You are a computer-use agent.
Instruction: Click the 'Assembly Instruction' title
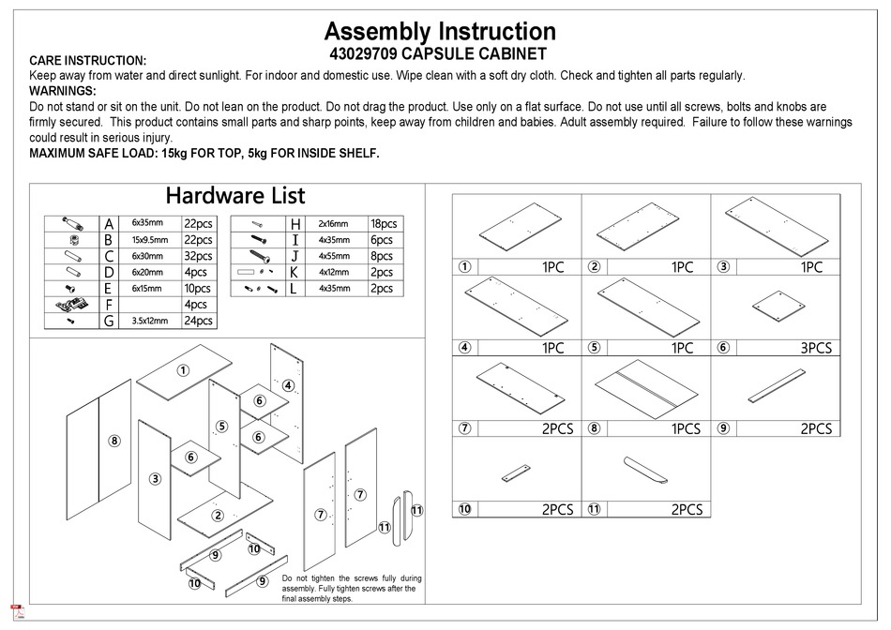[439, 32]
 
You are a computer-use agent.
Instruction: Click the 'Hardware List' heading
[234, 195]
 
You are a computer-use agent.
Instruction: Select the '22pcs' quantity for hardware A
[199, 224]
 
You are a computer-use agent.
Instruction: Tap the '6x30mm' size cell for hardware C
[147, 256]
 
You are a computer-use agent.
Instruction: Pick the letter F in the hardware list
[109, 305]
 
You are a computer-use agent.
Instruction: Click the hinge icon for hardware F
[71, 305]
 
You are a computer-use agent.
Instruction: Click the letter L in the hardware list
[294, 289]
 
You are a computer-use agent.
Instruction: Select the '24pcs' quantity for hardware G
[199, 321]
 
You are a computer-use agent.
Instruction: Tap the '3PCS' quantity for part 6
[813, 348]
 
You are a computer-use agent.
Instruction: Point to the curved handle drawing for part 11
[645, 471]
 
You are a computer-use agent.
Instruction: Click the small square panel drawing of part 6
[781, 305]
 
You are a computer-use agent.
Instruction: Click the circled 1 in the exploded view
[185, 372]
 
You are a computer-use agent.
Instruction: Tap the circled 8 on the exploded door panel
[113, 441]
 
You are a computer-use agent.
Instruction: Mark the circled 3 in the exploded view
[155, 478]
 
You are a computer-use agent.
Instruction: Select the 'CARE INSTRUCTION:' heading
[88, 60]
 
